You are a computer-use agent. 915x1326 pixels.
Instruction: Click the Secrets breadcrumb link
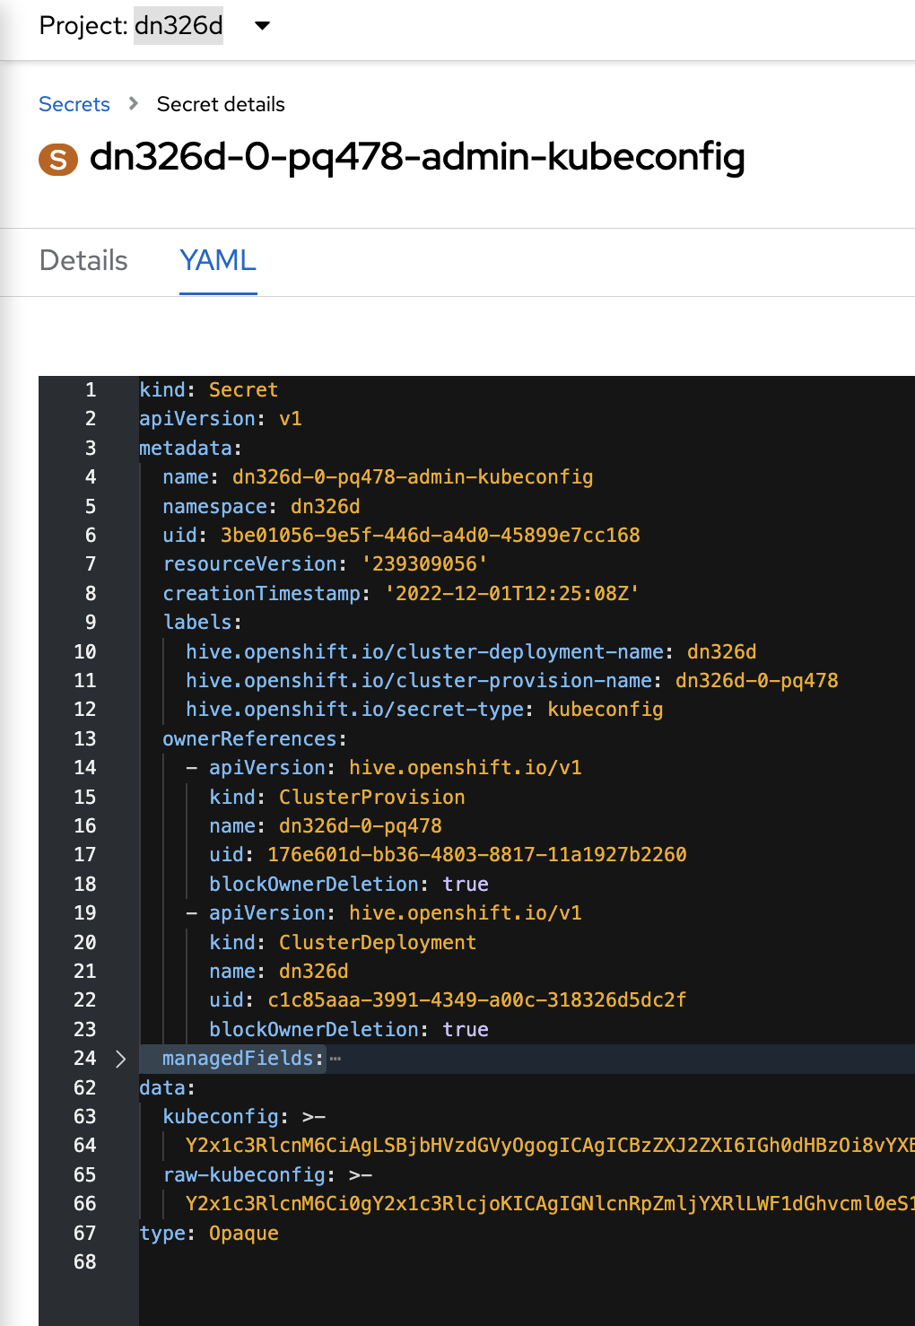(x=74, y=104)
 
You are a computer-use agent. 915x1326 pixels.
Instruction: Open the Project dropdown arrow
(x=262, y=26)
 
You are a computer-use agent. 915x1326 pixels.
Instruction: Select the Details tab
(x=83, y=260)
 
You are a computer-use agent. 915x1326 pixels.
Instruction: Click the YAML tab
(x=218, y=260)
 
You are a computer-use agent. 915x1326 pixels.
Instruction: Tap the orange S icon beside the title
(x=58, y=160)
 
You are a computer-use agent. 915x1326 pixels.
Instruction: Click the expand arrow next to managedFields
(x=121, y=1059)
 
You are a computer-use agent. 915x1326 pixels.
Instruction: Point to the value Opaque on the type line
(x=243, y=1234)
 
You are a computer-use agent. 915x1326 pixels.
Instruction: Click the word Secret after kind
(x=243, y=390)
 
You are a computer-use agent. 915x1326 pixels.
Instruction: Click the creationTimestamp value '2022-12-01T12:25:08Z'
(x=512, y=594)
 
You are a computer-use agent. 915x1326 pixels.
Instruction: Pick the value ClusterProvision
(x=371, y=798)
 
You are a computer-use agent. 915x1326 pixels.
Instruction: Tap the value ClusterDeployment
(x=377, y=943)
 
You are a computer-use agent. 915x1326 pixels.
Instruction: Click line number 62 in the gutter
(x=85, y=1088)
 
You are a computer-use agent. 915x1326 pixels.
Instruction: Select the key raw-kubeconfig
(x=244, y=1175)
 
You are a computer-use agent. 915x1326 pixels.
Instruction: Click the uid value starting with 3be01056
(x=431, y=536)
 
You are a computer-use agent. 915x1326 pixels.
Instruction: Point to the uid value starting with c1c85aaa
(x=476, y=1000)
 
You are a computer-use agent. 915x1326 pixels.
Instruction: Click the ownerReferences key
(x=249, y=739)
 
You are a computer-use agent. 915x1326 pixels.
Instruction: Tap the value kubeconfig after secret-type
(x=606, y=710)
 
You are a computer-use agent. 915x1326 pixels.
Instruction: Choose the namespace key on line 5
(x=215, y=507)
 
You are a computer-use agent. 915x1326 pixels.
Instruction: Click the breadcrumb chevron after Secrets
(x=134, y=104)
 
